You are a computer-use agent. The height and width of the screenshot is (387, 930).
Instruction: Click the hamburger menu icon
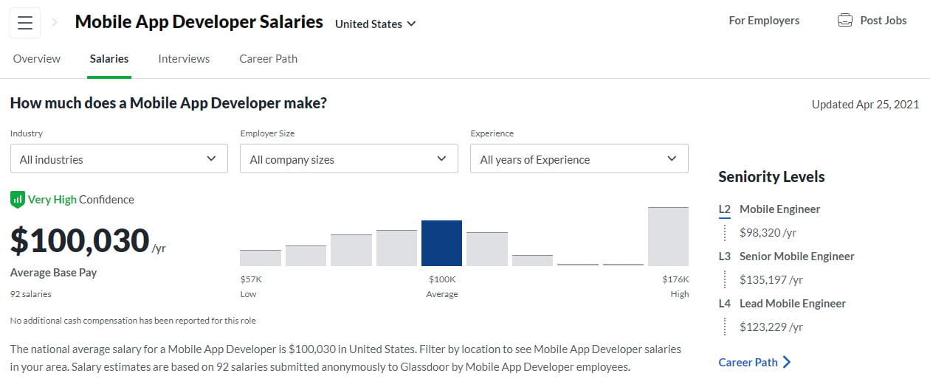(25, 23)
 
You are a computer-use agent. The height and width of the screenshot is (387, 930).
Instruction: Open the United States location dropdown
(375, 24)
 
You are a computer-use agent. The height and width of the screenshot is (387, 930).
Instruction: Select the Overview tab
(37, 59)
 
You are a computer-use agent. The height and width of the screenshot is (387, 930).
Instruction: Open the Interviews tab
(184, 59)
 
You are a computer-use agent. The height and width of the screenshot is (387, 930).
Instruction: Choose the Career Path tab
(268, 59)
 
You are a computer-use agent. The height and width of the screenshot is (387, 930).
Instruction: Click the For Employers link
(764, 21)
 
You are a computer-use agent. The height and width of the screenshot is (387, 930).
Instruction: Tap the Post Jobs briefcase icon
(844, 21)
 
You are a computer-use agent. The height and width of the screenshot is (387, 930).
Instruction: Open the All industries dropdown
(119, 158)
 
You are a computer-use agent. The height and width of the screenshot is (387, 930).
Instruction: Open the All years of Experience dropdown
(579, 158)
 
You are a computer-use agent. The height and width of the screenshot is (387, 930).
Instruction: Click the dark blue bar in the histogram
(441, 243)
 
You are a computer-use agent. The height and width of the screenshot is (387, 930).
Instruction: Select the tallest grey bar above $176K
(668, 237)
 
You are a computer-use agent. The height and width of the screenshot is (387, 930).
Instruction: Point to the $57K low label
(251, 279)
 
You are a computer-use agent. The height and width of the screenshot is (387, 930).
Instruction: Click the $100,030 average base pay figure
(80, 241)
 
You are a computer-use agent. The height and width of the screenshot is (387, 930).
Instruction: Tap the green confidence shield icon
(17, 199)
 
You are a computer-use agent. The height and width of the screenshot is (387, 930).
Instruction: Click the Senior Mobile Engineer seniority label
(796, 257)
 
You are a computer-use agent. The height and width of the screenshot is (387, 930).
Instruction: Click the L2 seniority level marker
(724, 209)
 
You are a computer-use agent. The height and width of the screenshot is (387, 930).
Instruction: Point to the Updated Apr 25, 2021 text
(865, 105)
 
